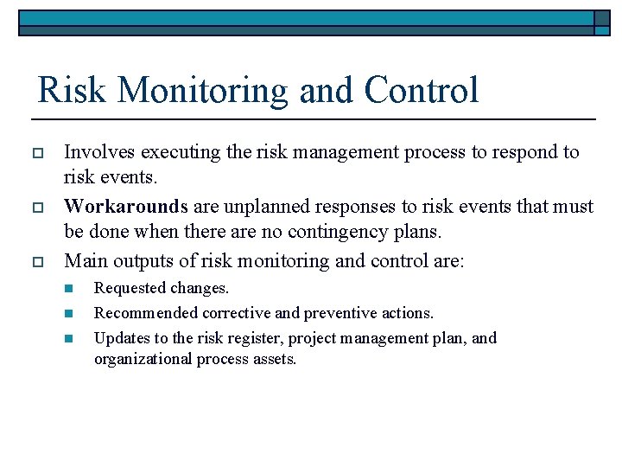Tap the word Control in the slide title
click(x=421, y=90)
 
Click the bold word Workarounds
click(x=126, y=207)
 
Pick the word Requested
click(x=130, y=288)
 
